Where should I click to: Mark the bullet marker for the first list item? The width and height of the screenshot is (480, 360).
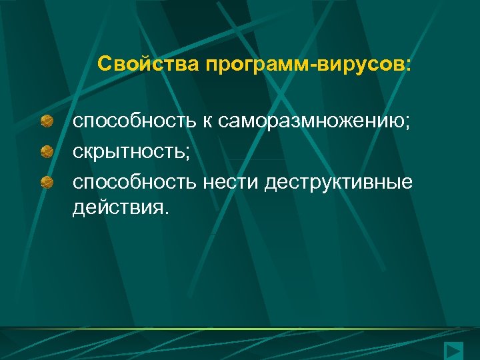pyautogui.click(x=47, y=122)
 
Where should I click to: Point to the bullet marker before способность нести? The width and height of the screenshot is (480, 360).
pyautogui.click(x=47, y=182)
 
